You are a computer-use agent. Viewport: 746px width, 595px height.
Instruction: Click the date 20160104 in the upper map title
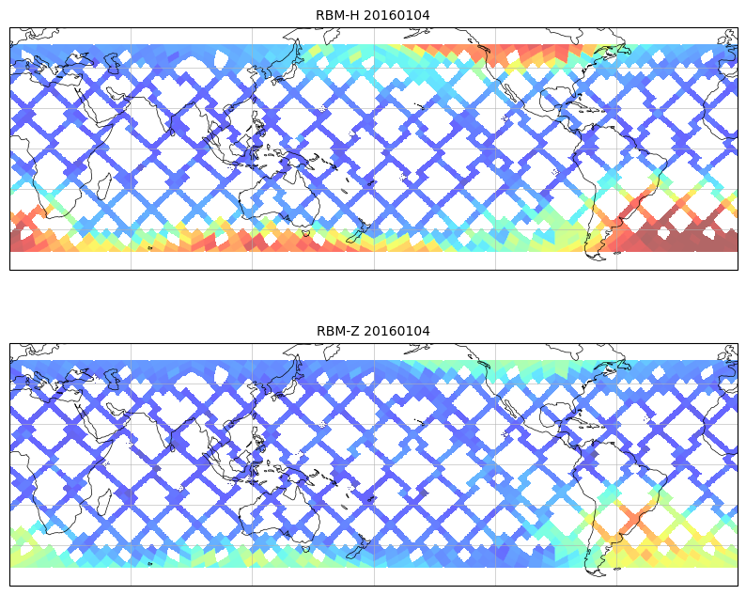point(398,15)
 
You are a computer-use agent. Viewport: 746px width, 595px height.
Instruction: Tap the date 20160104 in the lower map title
point(398,331)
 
